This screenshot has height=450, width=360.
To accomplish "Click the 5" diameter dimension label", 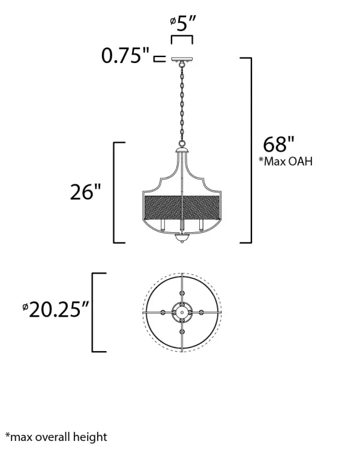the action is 183,23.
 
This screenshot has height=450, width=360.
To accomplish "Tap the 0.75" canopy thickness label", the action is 125,55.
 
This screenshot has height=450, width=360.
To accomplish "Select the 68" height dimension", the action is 279,145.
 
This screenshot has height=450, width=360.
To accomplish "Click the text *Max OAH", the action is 286,161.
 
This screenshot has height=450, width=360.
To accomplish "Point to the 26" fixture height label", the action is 86,192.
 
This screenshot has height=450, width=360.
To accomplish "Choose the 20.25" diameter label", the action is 56,310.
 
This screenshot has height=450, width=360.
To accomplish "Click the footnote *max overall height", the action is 56,437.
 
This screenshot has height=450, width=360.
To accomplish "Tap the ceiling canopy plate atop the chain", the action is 182,59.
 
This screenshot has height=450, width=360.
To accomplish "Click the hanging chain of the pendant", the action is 182,104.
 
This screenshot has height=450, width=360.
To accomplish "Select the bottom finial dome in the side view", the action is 182,238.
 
